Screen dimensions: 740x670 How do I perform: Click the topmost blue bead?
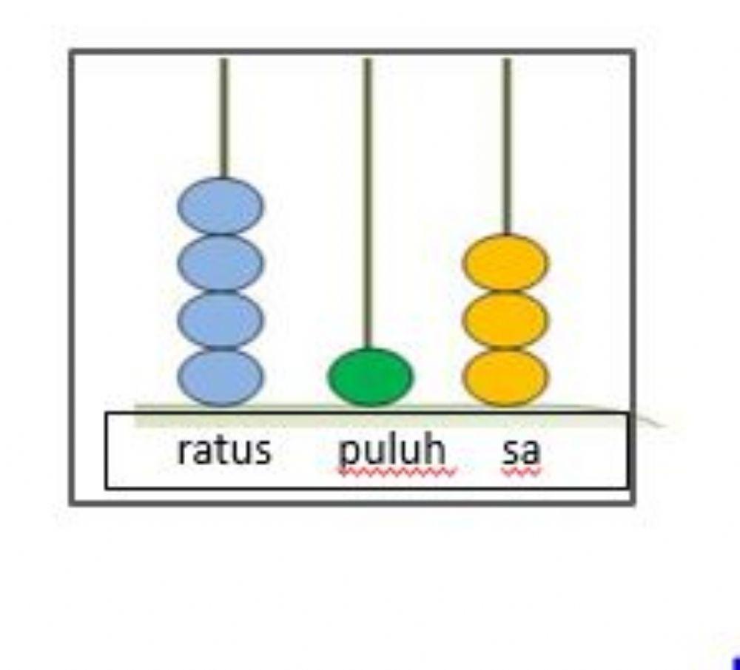click(221, 206)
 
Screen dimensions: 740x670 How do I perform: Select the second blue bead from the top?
click(221, 262)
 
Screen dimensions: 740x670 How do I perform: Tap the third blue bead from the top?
click(221, 319)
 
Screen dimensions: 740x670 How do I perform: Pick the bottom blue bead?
click(221, 376)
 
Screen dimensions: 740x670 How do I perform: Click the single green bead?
click(371, 376)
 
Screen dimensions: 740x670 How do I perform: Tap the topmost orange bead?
click(505, 263)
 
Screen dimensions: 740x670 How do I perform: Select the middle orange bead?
click(505, 319)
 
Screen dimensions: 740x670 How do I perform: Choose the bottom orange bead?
click(505, 376)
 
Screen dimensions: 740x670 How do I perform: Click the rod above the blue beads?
click(223, 118)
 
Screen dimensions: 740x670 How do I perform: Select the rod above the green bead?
click(367, 200)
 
